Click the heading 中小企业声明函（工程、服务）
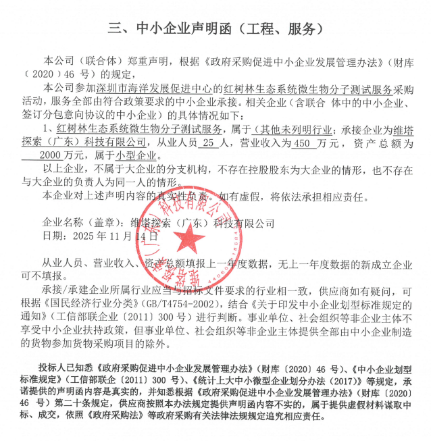(215, 29)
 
